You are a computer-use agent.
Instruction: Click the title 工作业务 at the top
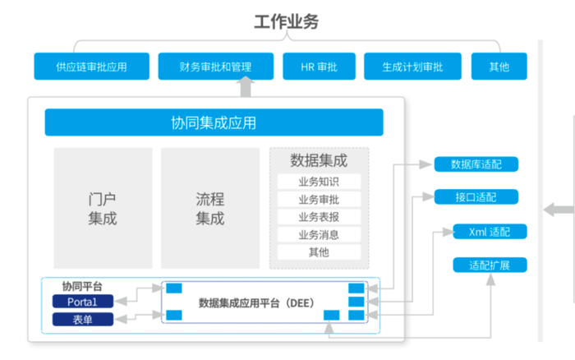click(x=286, y=22)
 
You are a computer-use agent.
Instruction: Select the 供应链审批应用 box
click(x=91, y=67)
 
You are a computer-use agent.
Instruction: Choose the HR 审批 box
click(x=319, y=67)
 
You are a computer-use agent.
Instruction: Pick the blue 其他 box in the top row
click(x=499, y=67)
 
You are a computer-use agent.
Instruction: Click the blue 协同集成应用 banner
click(x=214, y=122)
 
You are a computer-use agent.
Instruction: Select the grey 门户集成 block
click(x=103, y=209)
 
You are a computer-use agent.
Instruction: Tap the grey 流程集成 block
click(x=209, y=209)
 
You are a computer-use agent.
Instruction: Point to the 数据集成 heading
click(x=319, y=160)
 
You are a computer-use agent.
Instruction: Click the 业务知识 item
click(x=319, y=182)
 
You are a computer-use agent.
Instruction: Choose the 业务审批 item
click(x=319, y=200)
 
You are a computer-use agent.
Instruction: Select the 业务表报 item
click(x=319, y=217)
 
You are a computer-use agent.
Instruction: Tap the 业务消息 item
click(x=319, y=234)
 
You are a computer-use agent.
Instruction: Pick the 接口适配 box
click(x=476, y=197)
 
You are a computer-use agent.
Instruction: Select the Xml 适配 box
click(x=490, y=232)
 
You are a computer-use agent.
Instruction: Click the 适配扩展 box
click(x=490, y=265)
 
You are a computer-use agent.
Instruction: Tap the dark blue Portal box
click(x=82, y=302)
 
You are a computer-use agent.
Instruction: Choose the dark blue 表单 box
click(x=82, y=319)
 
